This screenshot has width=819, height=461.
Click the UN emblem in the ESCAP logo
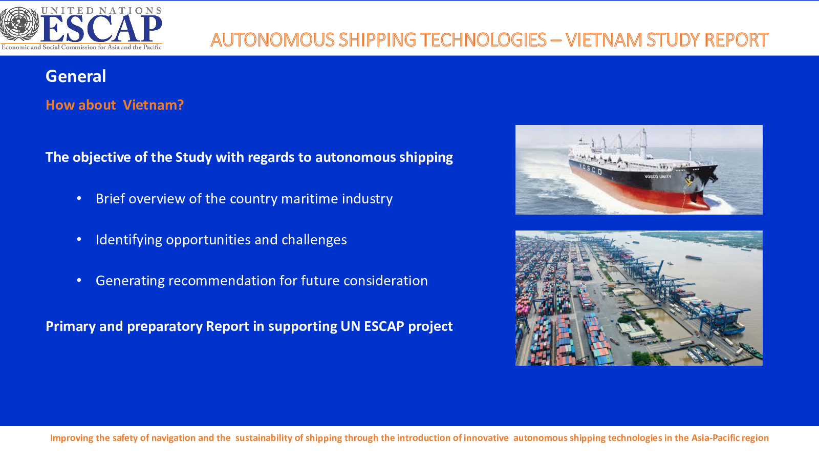click(19, 24)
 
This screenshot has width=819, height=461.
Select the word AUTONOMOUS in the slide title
click(272, 40)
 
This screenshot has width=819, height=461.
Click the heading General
click(76, 76)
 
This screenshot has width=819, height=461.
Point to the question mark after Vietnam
click(180, 105)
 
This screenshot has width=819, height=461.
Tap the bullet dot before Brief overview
click(79, 199)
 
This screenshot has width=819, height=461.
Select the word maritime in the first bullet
click(309, 199)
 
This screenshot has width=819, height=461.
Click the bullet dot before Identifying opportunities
click(79, 240)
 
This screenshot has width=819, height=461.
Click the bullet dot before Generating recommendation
click(79, 281)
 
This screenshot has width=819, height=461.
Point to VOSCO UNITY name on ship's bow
click(657, 177)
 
